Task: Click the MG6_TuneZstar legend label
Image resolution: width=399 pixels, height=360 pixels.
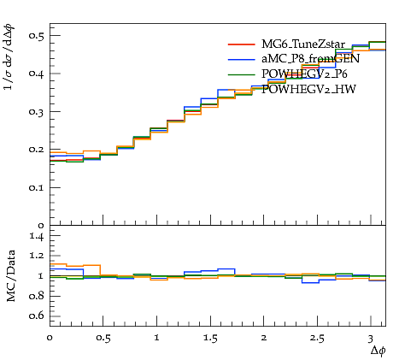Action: coord(303,44)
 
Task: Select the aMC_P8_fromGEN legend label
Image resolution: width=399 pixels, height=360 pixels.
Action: coord(310,59)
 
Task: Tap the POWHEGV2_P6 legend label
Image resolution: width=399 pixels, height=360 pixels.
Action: coord(304,74)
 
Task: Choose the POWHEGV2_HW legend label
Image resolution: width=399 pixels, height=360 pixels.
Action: coord(308,89)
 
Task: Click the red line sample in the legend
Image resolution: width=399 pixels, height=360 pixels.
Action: coord(241,44)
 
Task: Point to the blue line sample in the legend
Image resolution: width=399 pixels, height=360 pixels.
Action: coord(241,59)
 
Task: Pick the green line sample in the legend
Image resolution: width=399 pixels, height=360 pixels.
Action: coord(241,74)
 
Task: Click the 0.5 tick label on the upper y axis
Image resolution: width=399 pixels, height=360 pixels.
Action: coord(36,35)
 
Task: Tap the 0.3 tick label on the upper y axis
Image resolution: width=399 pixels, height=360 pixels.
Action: coord(36,111)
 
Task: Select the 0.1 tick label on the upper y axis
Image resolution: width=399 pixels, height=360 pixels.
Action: coord(36,187)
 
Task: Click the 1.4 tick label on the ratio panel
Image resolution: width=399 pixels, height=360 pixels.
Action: coord(37,236)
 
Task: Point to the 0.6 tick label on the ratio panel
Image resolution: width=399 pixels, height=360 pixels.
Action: coord(37,316)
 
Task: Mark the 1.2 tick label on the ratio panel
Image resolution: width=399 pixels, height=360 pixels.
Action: coord(37,256)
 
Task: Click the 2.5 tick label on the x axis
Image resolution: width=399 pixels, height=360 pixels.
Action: coord(317,339)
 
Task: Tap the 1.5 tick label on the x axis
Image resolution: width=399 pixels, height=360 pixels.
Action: coord(210,339)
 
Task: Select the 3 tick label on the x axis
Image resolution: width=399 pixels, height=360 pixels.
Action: coord(370,339)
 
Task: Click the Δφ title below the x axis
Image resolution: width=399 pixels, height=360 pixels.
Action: coord(378,351)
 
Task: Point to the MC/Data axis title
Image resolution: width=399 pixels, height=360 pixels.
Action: coord(11,276)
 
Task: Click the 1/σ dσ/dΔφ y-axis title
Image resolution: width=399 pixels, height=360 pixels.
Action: coord(9,57)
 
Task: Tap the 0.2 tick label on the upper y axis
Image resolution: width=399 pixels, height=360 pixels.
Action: coord(36,150)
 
